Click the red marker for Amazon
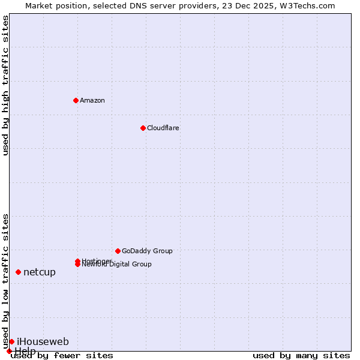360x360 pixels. [x=76, y=100]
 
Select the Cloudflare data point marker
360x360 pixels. [x=143, y=128]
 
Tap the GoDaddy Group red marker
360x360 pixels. [x=118, y=251]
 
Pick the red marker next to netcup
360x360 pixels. [x=18, y=272]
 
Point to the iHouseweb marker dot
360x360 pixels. [x=11, y=341]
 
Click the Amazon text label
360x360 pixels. [x=92, y=100]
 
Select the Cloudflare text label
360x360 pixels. [x=163, y=128]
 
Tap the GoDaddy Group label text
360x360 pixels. [x=147, y=251]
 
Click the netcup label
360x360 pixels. [x=40, y=272]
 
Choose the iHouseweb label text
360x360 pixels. [x=43, y=341]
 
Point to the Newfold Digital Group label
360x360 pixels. [x=118, y=265]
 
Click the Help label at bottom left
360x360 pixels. [x=25, y=351]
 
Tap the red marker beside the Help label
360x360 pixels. [x=9, y=351]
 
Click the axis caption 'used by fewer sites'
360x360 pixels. [x=62, y=356]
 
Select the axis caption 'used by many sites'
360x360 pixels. [x=301, y=356]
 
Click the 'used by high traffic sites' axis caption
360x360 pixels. [x=5, y=85]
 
